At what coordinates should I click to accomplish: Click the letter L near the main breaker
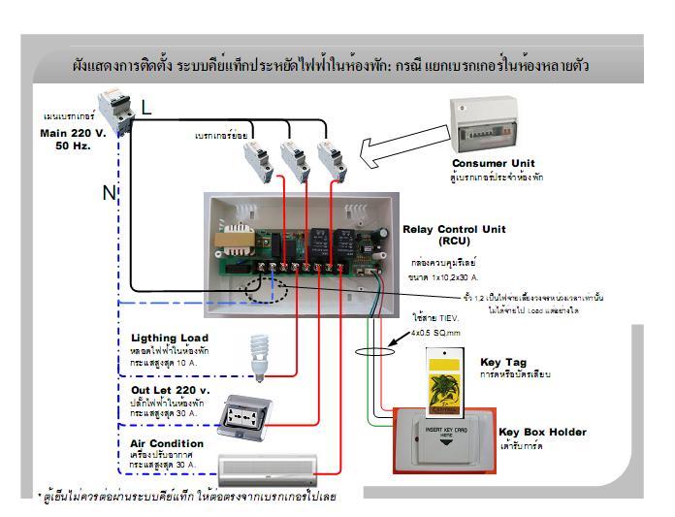146,109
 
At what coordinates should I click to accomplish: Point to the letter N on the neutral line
109,192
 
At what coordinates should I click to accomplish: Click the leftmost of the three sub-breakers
255,158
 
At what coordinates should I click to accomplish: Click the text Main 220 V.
72,131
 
